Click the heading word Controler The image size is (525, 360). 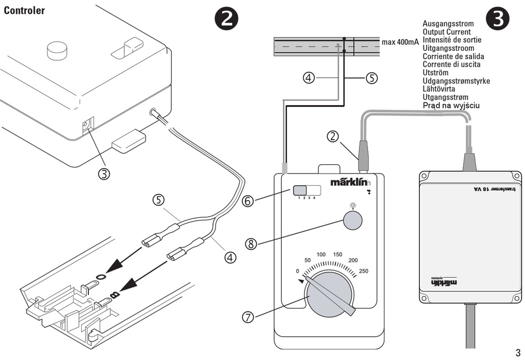click(x=24, y=11)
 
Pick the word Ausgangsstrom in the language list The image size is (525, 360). click(x=448, y=24)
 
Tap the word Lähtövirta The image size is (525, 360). click(x=442, y=88)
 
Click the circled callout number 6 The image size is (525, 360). click(x=248, y=201)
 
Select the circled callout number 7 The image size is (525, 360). click(x=248, y=317)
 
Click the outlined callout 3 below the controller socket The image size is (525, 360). click(x=104, y=174)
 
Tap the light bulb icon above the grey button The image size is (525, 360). click(x=353, y=206)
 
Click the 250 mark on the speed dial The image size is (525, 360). click(x=364, y=270)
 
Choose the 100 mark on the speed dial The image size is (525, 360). click(x=321, y=254)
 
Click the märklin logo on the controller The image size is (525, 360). click(x=350, y=181)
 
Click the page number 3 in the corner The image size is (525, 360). click(x=518, y=352)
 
